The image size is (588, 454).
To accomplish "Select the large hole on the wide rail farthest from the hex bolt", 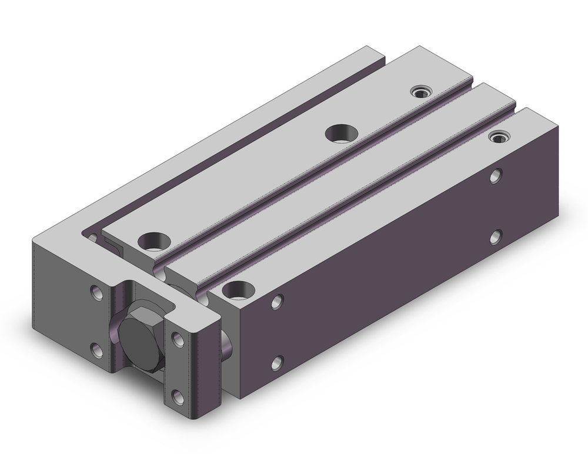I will click(x=340, y=133).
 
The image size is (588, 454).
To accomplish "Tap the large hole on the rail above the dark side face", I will click(x=238, y=289).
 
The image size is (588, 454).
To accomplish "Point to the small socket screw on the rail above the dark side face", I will click(x=499, y=137).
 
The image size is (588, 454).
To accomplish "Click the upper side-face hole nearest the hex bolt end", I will click(x=276, y=303).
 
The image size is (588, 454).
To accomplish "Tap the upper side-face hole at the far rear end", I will click(x=497, y=176).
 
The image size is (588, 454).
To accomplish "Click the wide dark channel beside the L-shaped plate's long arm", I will click(x=235, y=147).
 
